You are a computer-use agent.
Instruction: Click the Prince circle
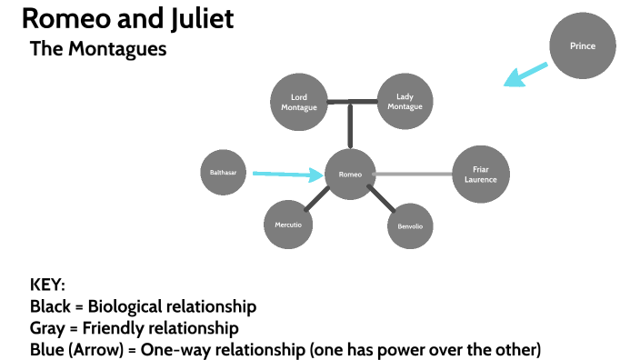coord(583,46)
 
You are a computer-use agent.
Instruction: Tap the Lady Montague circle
coord(405,102)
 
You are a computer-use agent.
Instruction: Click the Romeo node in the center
coord(350,174)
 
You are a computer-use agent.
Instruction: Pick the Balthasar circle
coord(223,172)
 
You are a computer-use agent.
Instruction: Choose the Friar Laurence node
coord(480,174)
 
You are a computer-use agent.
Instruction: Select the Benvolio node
coord(409,225)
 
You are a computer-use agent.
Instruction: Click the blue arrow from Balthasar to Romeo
coord(286,173)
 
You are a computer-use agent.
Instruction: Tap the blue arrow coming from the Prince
coord(527,75)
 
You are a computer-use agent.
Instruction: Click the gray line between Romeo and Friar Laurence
coord(414,174)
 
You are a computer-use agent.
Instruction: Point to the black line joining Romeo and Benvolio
coord(379,200)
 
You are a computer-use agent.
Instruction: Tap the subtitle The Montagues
coord(98,49)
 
